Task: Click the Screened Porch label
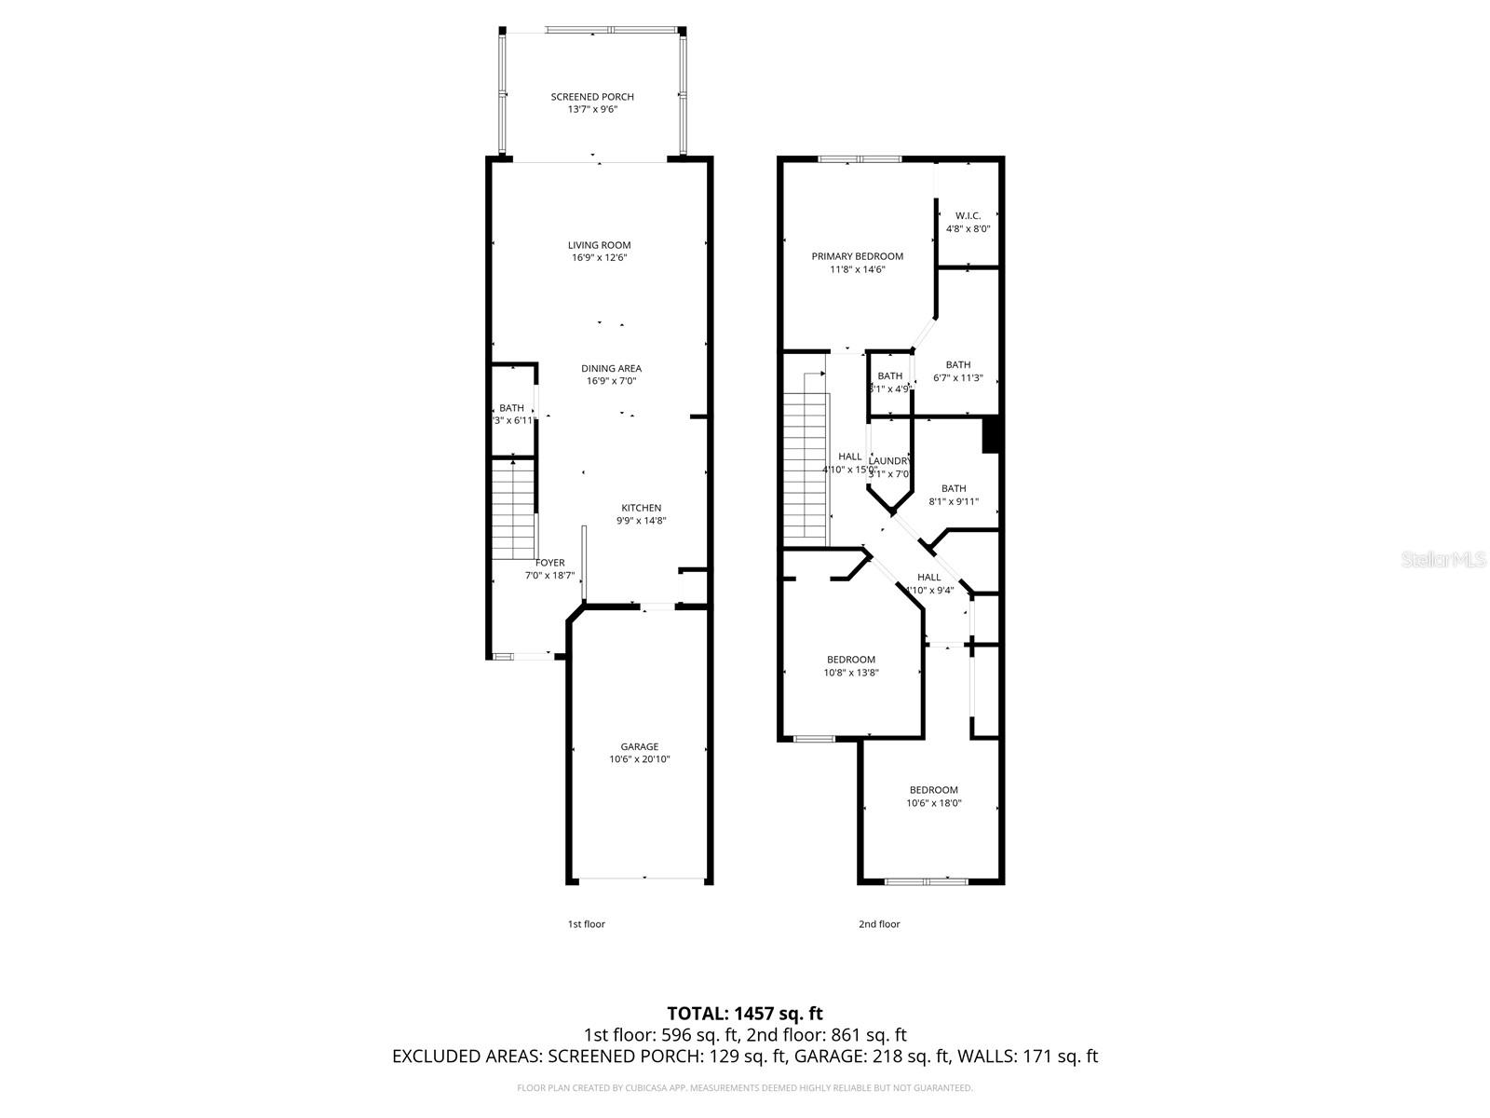pyautogui.click(x=592, y=97)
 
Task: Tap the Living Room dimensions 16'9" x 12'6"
pyautogui.click(x=600, y=258)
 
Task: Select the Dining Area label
pyautogui.click(x=611, y=368)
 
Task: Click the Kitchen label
pyautogui.click(x=641, y=508)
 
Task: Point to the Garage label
pyautogui.click(x=639, y=746)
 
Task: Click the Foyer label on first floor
pyautogui.click(x=549, y=563)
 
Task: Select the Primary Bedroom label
pyautogui.click(x=857, y=256)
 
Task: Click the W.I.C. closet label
pyautogui.click(x=968, y=215)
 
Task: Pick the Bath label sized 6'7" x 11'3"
pyautogui.click(x=957, y=365)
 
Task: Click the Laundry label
pyautogui.click(x=889, y=461)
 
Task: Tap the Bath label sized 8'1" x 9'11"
pyautogui.click(x=953, y=488)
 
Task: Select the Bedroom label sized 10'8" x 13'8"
pyautogui.click(x=850, y=660)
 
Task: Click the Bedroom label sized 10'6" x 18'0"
pyautogui.click(x=933, y=790)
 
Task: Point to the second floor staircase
pyautogui.click(x=805, y=466)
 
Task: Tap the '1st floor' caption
pyautogui.click(x=586, y=924)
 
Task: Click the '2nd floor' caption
pyautogui.click(x=879, y=924)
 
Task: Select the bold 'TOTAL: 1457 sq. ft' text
pyautogui.click(x=744, y=1013)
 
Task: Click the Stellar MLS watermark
pyautogui.click(x=1443, y=560)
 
